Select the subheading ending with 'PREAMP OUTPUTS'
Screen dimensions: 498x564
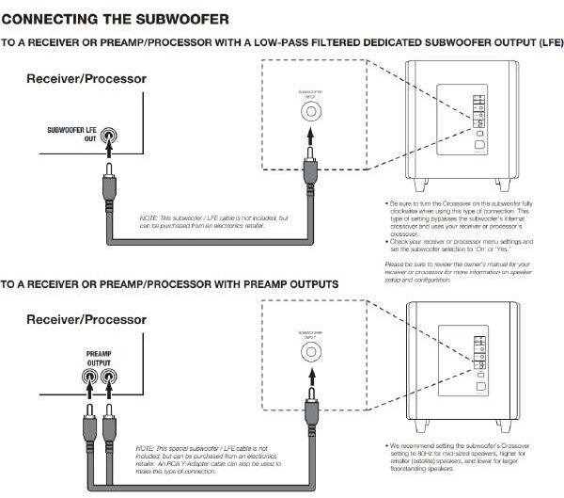pyautogui.click(x=170, y=283)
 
